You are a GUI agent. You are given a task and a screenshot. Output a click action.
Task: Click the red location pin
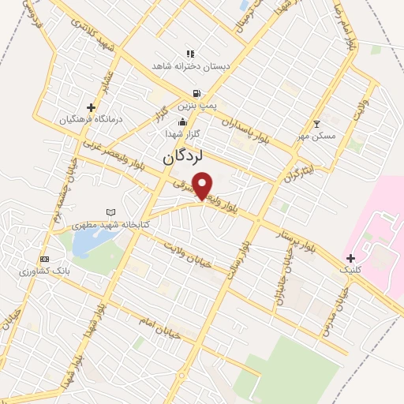[203, 185]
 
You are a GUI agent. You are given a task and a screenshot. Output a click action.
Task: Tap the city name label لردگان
[183, 158]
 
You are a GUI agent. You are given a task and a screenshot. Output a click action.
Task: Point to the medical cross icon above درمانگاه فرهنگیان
[92, 107]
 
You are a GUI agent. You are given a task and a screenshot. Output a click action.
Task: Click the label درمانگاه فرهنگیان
[92, 120]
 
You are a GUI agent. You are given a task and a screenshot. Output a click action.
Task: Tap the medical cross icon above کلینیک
[350, 258]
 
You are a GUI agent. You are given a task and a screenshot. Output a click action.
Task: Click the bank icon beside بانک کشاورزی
[44, 260]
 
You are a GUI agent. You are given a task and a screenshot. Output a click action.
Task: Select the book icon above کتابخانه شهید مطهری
[110, 212]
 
